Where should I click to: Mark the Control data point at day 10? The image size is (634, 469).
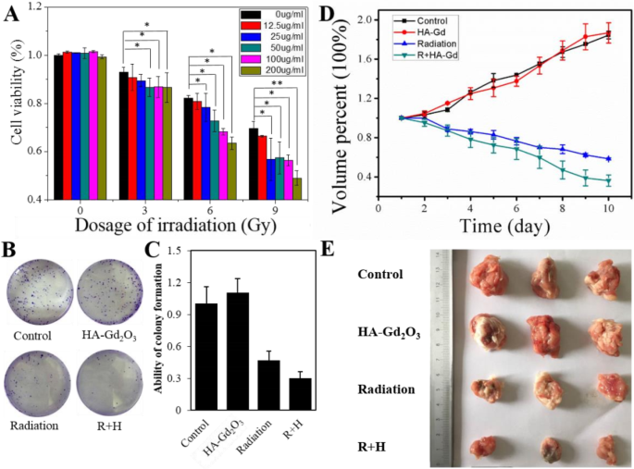click(x=608, y=34)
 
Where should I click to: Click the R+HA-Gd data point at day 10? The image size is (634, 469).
click(x=608, y=181)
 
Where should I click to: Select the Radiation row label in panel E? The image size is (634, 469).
click(x=387, y=389)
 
